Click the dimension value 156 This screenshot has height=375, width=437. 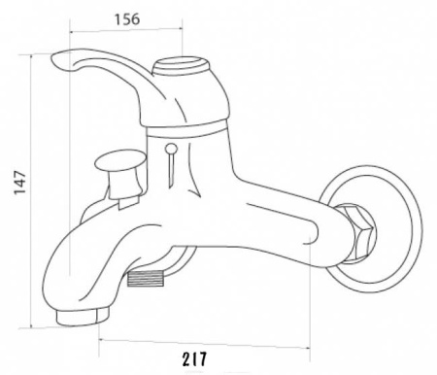[127, 19]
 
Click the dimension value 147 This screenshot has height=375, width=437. [20, 183]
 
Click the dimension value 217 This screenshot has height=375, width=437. [194, 358]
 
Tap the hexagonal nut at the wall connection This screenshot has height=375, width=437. [356, 232]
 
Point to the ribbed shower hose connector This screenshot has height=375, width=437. [145, 278]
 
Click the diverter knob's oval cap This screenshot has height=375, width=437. [120, 160]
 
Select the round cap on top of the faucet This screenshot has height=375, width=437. [181, 66]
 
